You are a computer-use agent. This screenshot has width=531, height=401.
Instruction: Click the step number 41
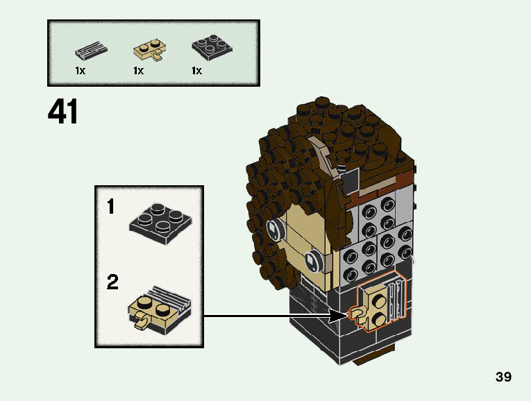pos(63,112)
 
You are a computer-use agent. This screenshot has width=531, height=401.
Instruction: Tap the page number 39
pos(503,377)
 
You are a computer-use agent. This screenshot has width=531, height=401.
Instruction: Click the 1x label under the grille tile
pos(80,71)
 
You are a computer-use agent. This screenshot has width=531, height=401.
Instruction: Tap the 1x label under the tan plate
pos(138,71)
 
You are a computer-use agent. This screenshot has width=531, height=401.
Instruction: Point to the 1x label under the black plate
pos(196,71)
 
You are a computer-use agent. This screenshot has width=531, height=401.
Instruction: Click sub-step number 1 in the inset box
pos(111,207)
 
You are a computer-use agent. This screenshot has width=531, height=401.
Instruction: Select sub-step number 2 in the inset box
pos(112,283)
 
